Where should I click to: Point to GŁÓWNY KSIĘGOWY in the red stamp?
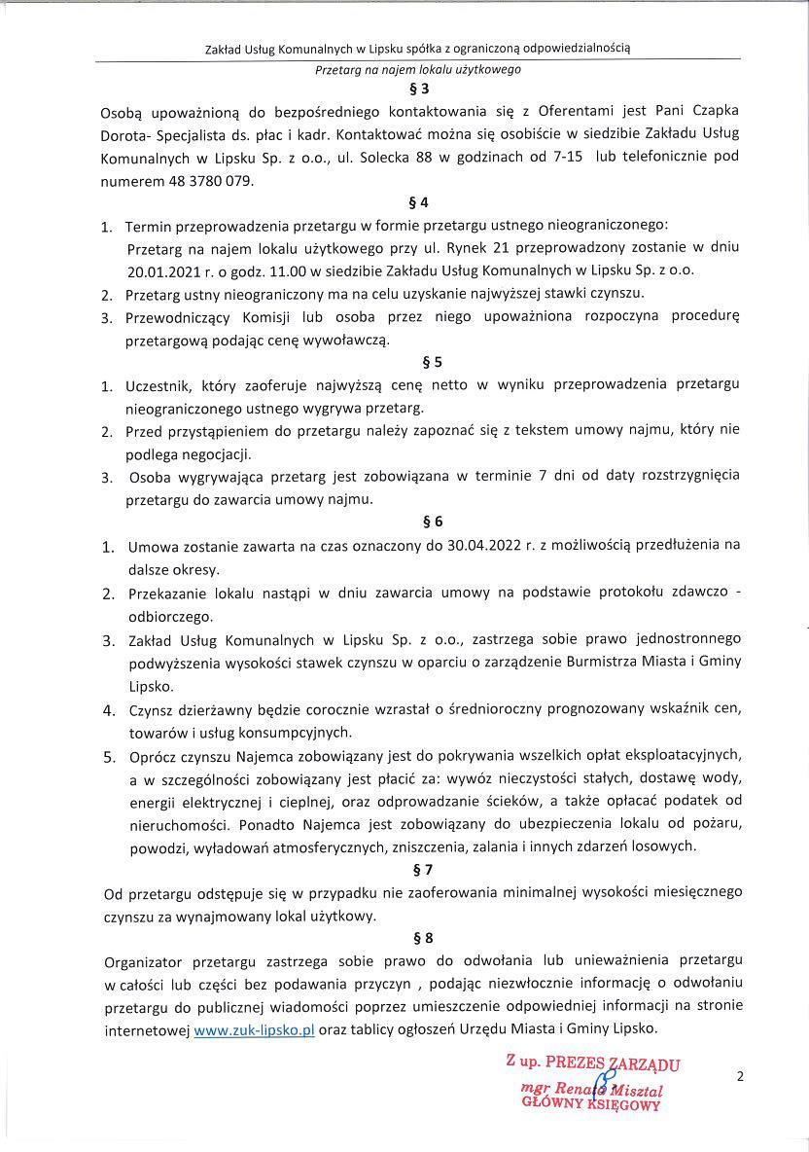click(x=591, y=1104)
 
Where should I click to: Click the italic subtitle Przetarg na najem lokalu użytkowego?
click(x=418, y=70)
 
